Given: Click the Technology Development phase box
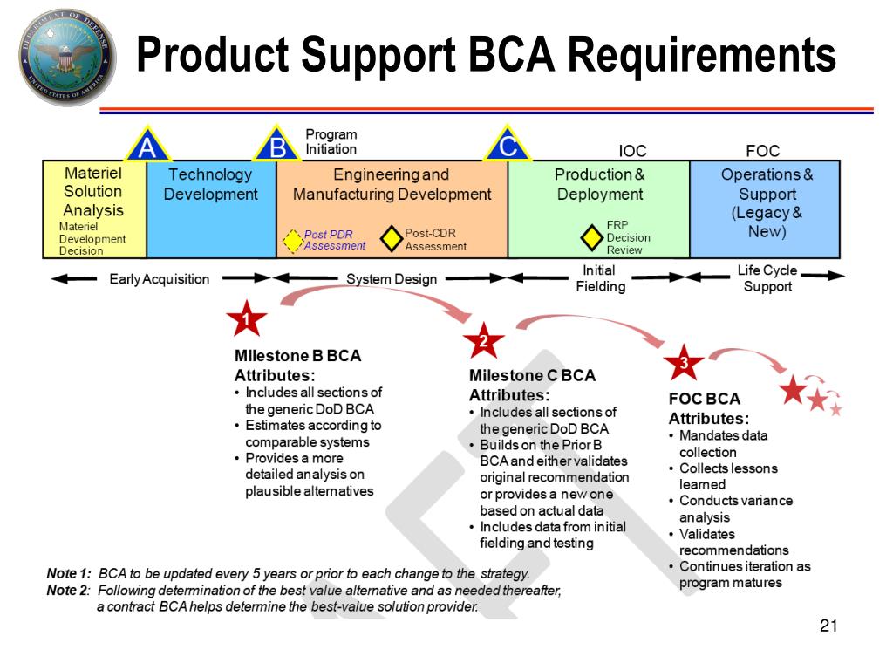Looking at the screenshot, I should click(211, 209).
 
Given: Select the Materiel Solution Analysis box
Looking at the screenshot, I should click(94, 209).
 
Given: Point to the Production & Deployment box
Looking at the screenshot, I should click(598, 209).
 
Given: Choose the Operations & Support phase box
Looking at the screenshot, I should click(766, 209).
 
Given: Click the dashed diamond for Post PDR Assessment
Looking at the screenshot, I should click(292, 240).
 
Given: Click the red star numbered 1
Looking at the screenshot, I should click(247, 320).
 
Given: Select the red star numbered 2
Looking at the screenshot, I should click(481, 341).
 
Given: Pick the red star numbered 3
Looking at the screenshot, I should click(684, 363).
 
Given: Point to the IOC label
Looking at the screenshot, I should click(632, 151).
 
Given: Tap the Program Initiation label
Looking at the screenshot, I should click(331, 141).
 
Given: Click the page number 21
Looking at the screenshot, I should click(828, 626).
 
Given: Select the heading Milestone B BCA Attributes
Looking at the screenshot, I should click(297, 366).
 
